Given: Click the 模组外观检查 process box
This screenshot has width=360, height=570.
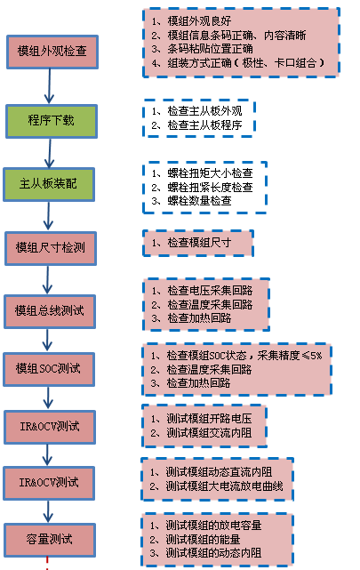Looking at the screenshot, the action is click(x=52, y=52).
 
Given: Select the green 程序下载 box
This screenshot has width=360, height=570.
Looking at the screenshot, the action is click(x=52, y=121).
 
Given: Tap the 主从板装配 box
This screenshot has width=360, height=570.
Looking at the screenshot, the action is click(x=49, y=184).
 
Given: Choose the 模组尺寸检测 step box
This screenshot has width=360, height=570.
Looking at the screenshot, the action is click(x=51, y=248).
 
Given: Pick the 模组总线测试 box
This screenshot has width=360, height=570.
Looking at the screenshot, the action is click(x=50, y=311).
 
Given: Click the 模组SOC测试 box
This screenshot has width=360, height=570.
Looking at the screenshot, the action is click(x=49, y=369).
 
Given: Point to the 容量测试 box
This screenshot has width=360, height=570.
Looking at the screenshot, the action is click(x=50, y=540).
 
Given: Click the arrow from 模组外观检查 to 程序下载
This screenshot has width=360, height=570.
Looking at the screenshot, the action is click(x=50, y=86).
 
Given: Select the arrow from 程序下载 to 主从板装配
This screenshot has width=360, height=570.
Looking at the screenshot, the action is click(x=50, y=153).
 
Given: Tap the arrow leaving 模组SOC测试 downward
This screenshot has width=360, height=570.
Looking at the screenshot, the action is click(x=48, y=398).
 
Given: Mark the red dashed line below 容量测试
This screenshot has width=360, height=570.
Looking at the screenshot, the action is click(x=47, y=563).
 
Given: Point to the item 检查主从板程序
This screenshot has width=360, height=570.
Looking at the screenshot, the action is click(x=204, y=125).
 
